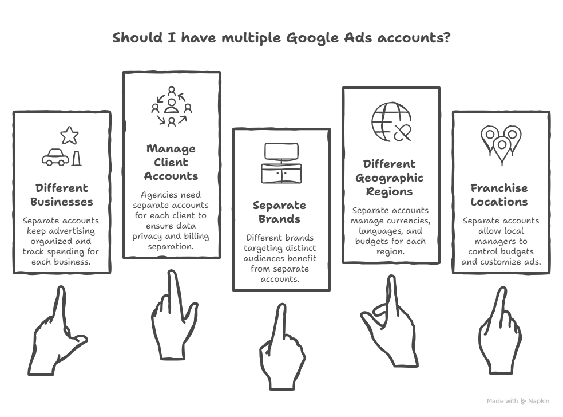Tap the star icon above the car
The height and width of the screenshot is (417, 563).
[69, 136]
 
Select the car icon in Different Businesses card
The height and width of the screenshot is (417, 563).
[55, 157]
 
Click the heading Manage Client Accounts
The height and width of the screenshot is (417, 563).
[171, 162]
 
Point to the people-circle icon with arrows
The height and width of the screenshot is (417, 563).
[172, 107]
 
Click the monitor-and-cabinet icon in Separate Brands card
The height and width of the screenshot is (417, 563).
[281, 164]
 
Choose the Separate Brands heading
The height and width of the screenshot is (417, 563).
[280, 212]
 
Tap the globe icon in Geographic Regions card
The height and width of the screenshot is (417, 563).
[391, 122]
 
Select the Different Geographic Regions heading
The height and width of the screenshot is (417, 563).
[390, 178]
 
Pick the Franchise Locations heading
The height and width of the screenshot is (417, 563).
[499, 195]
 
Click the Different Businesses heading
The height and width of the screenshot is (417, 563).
[62, 195]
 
